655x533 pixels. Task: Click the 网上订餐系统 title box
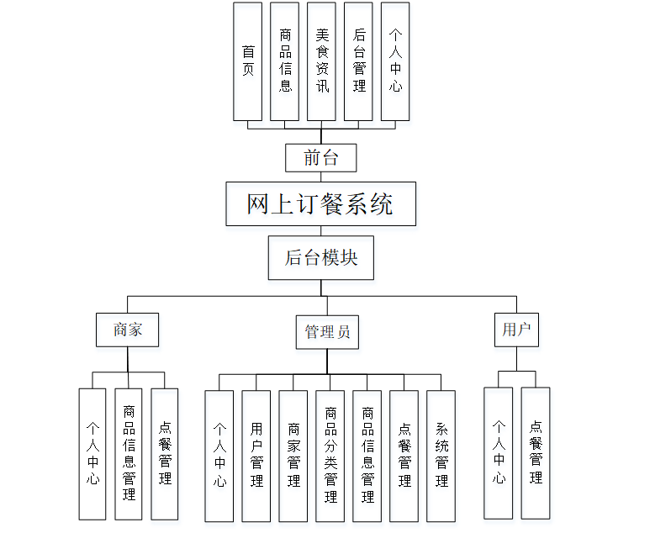coord(320,203)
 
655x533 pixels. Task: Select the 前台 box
coord(320,158)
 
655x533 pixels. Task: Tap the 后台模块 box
coord(320,257)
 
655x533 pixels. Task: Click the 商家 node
coord(128,330)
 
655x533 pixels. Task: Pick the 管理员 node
coord(326,331)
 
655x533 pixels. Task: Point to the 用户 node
coord(515,330)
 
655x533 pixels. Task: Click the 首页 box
coord(248,61)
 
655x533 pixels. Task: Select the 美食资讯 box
coord(322,61)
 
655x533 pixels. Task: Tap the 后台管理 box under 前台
coord(359,61)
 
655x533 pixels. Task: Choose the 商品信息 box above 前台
coord(285,61)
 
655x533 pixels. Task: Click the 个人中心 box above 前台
coord(396,61)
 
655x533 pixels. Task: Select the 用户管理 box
coord(256,455)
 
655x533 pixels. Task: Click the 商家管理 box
coord(293,455)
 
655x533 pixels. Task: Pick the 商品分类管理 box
coord(330,455)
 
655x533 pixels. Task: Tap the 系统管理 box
coord(441,455)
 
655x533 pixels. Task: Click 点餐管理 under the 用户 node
coord(536,452)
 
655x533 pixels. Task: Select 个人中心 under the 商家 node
coord(92,453)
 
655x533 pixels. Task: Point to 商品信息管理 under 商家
coord(129,453)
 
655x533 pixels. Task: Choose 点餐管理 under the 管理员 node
coord(404,455)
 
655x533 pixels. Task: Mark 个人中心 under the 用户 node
coord(499,452)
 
